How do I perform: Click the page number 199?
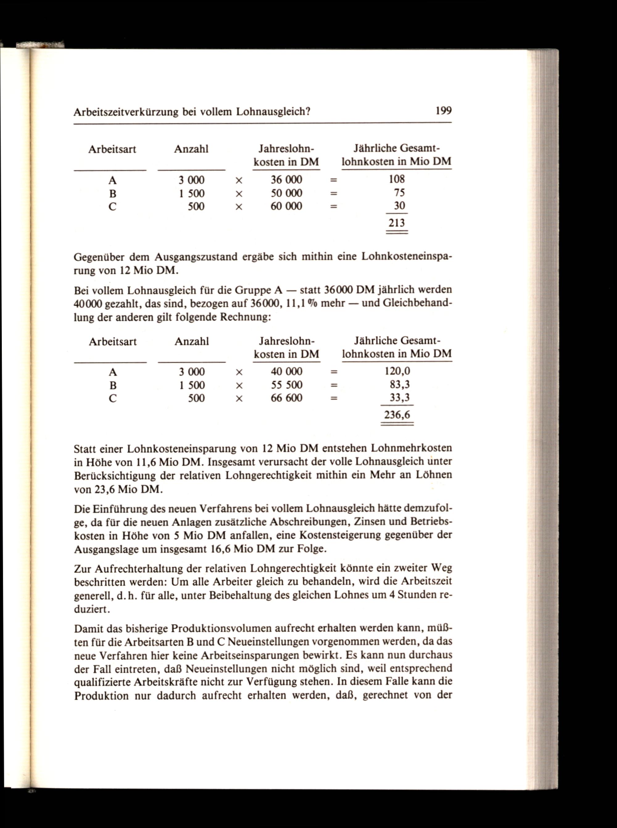point(443,111)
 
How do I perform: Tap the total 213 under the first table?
point(397,223)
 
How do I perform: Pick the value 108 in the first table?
point(397,179)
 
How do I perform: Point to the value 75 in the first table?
point(399,193)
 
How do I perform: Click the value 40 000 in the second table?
point(287,371)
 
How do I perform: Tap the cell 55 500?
point(287,385)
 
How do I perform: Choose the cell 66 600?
point(287,398)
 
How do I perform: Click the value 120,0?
point(397,371)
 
